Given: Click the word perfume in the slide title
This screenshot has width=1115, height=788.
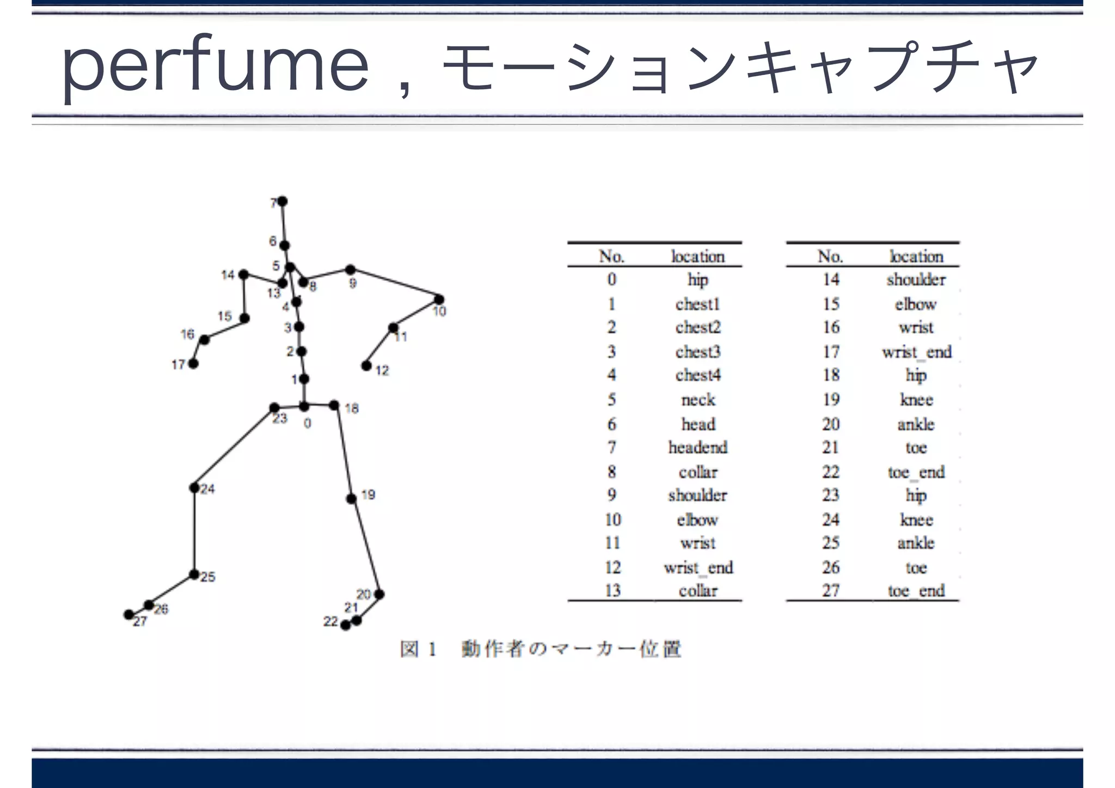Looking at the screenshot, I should click(215, 66).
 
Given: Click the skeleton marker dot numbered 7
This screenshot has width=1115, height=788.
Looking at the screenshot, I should click(283, 201).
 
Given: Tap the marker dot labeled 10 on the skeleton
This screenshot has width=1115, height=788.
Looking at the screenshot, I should click(439, 299).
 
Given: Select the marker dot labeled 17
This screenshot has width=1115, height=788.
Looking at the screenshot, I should click(193, 363).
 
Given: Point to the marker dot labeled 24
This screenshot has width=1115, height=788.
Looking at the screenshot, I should click(194, 487).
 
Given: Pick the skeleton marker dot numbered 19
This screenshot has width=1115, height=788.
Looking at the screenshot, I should click(352, 498).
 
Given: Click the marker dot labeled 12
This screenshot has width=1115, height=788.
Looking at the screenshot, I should click(367, 365).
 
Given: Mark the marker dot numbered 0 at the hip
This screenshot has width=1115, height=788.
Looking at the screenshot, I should click(304, 406).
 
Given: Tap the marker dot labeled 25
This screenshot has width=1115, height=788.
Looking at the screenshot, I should click(194, 575).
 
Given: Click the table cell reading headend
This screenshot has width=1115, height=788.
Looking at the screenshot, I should click(698, 448).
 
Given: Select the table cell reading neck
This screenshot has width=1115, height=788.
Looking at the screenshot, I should click(698, 400).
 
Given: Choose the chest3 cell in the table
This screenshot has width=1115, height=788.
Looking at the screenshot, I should click(698, 352).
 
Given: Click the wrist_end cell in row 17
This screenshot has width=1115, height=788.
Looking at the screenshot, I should click(917, 352).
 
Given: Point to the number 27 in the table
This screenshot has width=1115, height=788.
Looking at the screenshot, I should click(831, 591).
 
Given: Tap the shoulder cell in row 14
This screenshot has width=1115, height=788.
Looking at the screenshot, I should click(916, 279).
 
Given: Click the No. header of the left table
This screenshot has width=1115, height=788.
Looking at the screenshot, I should click(612, 256).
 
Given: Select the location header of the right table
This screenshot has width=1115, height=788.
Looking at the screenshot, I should click(916, 256).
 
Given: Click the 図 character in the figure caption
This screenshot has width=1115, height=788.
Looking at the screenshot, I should click(409, 649).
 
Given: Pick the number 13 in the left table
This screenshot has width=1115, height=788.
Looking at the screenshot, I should click(612, 591).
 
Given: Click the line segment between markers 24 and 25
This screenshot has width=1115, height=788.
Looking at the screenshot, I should click(194, 531).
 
